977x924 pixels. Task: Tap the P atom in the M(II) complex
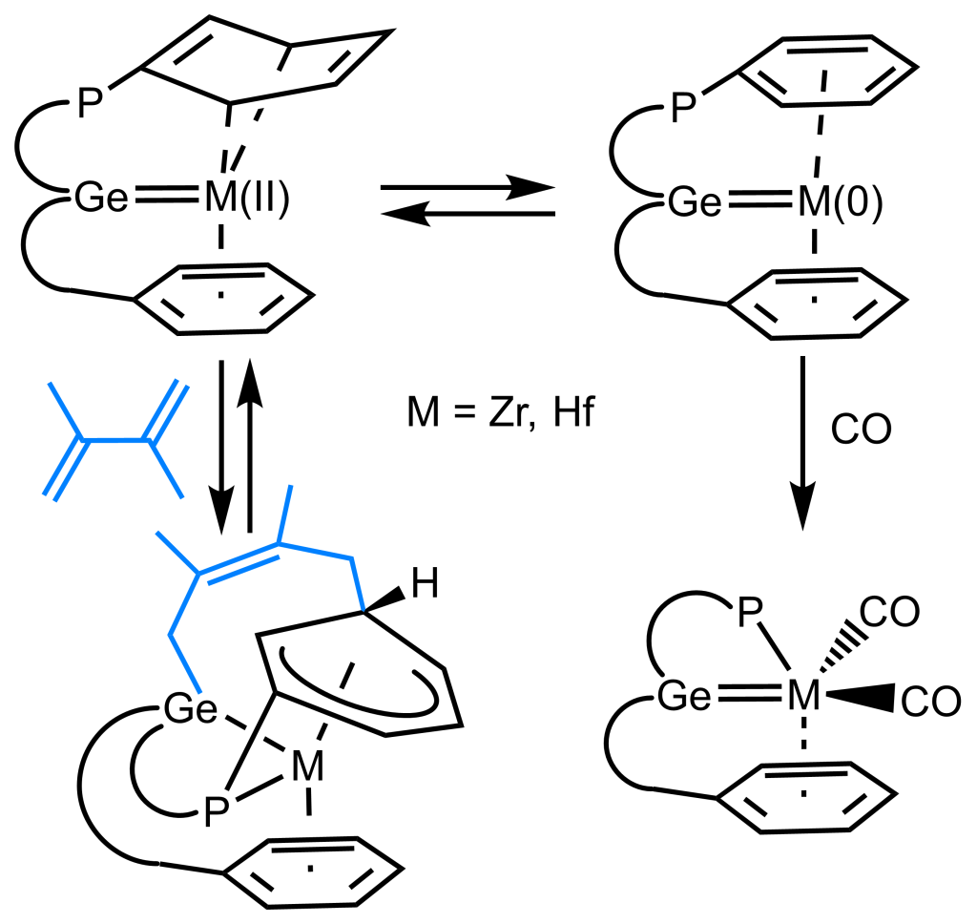coord(89,103)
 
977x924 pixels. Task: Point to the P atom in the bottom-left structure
coord(218,812)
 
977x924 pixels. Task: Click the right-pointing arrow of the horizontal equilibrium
coord(468,188)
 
